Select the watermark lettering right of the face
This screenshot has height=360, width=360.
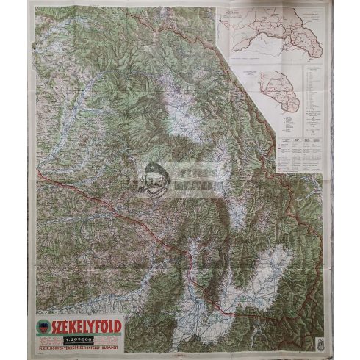click(192, 179)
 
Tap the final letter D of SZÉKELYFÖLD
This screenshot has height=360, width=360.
click(118, 325)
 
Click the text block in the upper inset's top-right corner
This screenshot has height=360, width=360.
click(312, 15)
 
